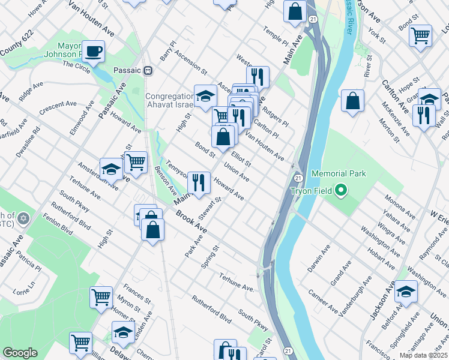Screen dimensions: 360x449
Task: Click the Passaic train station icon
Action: click(148, 70)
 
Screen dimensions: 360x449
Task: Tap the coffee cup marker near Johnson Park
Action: click(93, 52)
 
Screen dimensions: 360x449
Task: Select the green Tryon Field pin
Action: click(342, 191)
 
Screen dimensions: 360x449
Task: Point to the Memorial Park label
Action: click(339, 174)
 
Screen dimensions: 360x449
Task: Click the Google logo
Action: click(20, 353)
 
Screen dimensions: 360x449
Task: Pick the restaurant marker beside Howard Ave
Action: click(198, 182)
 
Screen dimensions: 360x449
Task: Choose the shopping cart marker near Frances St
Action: click(101, 296)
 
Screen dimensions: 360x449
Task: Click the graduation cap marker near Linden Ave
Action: click(123, 332)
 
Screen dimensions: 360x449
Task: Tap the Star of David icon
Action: click(23, 218)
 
